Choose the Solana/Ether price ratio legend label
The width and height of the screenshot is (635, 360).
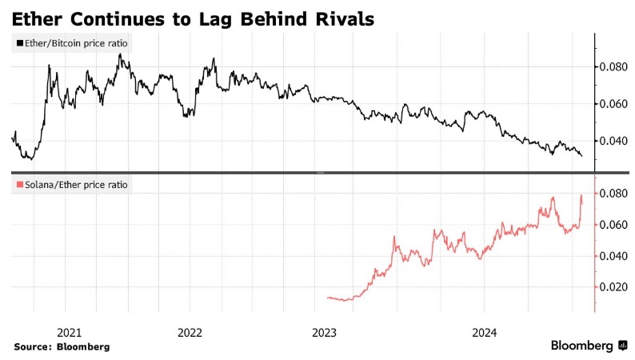73,185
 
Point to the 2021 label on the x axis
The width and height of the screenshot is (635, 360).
70,331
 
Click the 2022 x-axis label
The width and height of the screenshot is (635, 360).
190,331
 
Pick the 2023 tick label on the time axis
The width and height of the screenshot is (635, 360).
325,331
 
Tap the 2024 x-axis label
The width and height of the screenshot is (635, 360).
485,331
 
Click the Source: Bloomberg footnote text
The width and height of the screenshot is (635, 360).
62,346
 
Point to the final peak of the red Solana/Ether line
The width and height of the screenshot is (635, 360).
581,195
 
